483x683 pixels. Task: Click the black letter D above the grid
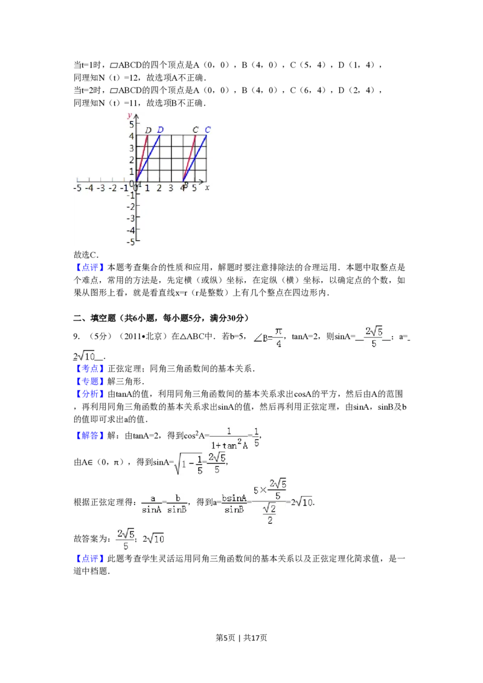pyautogui.click(x=148, y=130)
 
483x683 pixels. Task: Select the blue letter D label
pyautogui.click(x=160, y=130)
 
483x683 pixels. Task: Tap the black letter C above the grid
pyautogui.click(x=196, y=130)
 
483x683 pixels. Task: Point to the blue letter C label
pyautogui.click(x=208, y=130)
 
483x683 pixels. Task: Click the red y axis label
pyautogui.click(x=130, y=115)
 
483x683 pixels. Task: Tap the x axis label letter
pyautogui.click(x=207, y=188)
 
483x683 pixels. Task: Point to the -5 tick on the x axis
pyautogui.click(x=77, y=188)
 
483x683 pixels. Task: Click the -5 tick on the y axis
pyautogui.click(x=129, y=241)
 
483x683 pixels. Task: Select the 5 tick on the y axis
pyautogui.click(x=131, y=124)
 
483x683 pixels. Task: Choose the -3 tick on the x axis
pyautogui.click(x=100, y=188)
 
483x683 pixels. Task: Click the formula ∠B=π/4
pyautogui.click(x=268, y=338)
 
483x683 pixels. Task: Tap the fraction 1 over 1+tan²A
pyautogui.click(x=229, y=439)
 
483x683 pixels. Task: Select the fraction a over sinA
pyautogui.click(x=152, y=504)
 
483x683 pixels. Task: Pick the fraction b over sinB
pyautogui.click(x=177, y=504)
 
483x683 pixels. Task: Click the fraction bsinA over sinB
pyautogui.click(x=234, y=504)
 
